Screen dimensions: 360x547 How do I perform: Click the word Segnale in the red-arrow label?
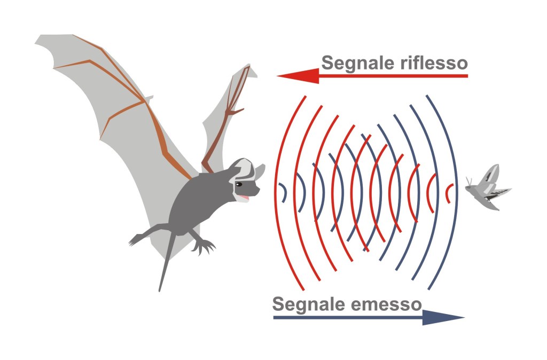point(353,64)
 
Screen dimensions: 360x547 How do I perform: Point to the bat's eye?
point(239,184)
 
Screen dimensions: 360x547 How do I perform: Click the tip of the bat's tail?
point(160,290)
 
